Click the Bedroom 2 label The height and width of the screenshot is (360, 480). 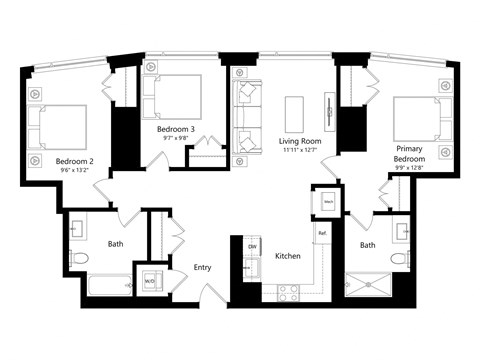75,161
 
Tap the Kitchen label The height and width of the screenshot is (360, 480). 288,256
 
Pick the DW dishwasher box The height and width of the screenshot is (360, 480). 253,246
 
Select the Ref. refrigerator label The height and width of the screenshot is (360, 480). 322,233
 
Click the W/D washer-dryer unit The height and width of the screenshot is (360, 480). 150,281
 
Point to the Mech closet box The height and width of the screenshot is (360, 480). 328,201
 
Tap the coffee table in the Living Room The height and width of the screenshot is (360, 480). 295,113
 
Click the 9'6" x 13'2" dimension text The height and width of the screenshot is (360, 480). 75,171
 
